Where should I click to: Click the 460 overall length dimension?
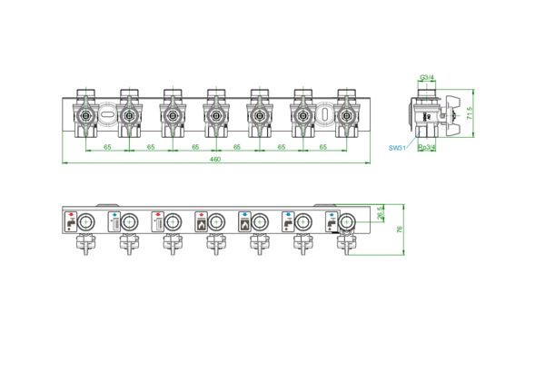click(x=215, y=160)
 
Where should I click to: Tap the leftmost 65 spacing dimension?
click(x=107, y=147)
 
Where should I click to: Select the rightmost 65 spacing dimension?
click(x=322, y=147)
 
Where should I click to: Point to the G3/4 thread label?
click(x=427, y=77)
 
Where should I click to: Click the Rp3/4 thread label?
click(x=427, y=148)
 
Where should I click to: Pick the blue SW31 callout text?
click(x=397, y=148)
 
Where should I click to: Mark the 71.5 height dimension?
click(x=470, y=113)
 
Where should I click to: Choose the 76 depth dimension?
click(x=400, y=230)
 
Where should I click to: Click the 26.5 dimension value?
click(x=381, y=212)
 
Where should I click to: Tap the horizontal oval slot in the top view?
click(x=107, y=113)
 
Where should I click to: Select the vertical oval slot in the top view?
click(x=324, y=113)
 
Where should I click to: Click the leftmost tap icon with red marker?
click(x=71, y=221)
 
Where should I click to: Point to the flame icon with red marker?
click(x=202, y=221)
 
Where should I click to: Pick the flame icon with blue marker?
click(x=244, y=221)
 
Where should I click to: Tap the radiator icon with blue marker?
click(x=114, y=221)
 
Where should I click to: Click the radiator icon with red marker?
click(x=158, y=221)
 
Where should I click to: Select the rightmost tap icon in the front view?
click(x=332, y=221)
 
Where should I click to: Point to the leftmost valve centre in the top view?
click(x=85, y=115)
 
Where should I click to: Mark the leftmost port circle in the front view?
click(x=85, y=221)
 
